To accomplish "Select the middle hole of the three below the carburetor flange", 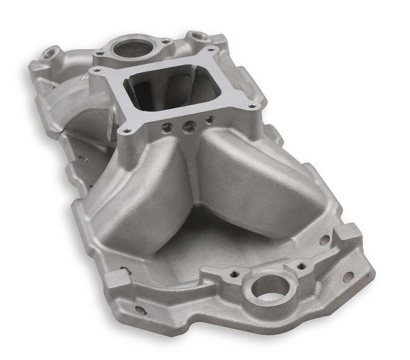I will click(189, 125).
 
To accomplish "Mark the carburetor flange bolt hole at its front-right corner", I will click(251, 105).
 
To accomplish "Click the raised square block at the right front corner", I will click(342, 237).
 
